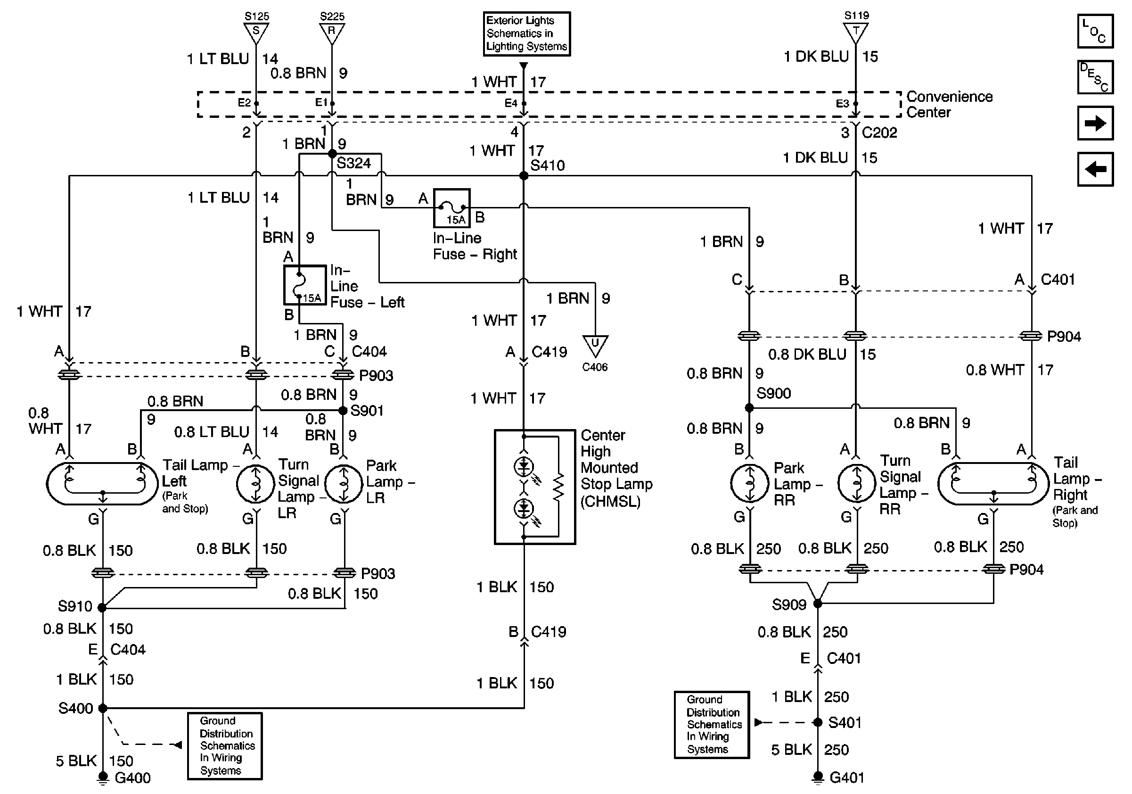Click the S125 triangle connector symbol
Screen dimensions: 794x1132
pos(256,33)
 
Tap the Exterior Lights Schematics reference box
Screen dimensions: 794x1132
pos(526,33)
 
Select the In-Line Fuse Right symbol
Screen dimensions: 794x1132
pos(451,208)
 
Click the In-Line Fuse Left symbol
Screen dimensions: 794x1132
pos(305,285)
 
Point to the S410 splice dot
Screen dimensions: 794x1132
pos(524,175)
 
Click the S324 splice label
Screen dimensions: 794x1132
pos(353,163)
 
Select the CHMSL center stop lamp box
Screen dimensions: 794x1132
pos(535,487)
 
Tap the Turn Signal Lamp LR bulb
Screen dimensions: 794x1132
pos(255,484)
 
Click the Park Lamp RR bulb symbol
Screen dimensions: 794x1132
pos(749,484)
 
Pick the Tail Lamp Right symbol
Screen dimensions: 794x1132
pos(993,484)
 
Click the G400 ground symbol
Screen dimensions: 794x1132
pos(103,777)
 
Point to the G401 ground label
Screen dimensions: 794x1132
pos(846,777)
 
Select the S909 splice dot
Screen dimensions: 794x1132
pos(818,603)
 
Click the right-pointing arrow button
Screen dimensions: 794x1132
pos(1095,123)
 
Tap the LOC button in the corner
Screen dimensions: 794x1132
pos(1095,32)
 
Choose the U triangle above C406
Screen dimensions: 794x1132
pos(595,345)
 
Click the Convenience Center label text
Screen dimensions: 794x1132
pos(949,104)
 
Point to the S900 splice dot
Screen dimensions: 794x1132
pos(749,408)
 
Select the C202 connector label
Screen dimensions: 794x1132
pos(879,132)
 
